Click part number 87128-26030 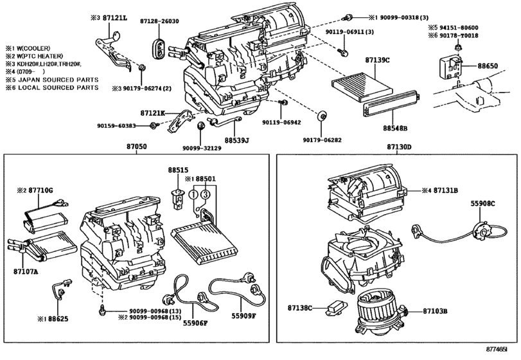(159, 21)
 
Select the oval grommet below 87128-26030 (159, 50)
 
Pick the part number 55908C (482, 203)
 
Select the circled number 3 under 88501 (206, 194)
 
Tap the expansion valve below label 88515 (178, 199)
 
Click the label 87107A (26, 271)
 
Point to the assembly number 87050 (136, 147)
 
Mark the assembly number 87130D (399, 147)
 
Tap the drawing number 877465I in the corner (497, 349)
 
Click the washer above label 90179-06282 (322, 116)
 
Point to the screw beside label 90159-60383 (154, 125)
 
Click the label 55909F (244, 316)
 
